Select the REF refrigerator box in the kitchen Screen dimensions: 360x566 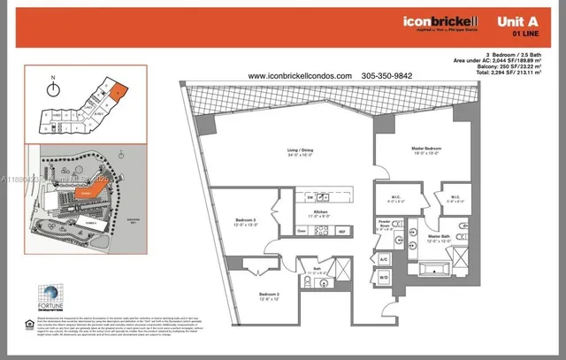pyautogui.click(x=341, y=232)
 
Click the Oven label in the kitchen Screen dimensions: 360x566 pyautogui.click(x=302, y=232)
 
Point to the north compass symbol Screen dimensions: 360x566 pyautogui.click(x=54, y=87)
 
